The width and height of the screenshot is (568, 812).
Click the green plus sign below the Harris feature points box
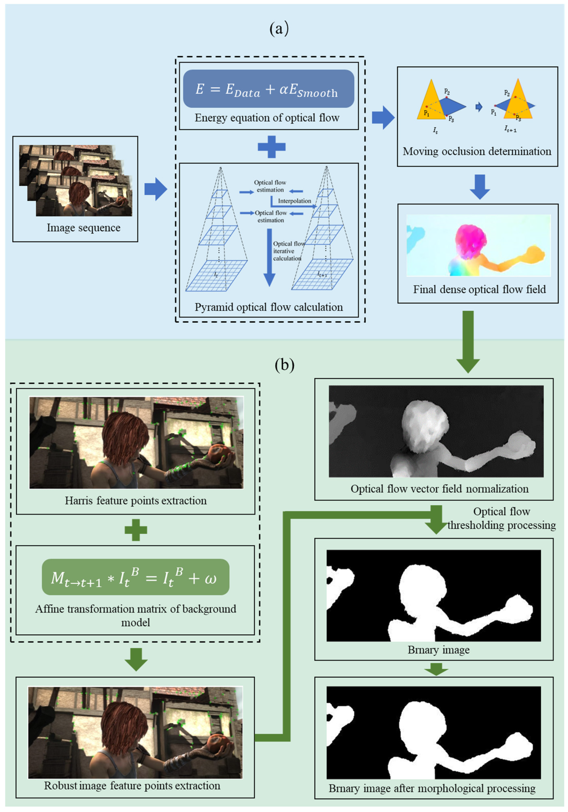(136, 530)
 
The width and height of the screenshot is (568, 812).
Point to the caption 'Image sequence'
(83, 228)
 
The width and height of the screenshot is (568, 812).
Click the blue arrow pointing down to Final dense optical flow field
(479, 186)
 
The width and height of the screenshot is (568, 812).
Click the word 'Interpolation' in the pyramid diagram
(294, 201)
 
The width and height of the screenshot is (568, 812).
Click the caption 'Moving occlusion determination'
(477, 151)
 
